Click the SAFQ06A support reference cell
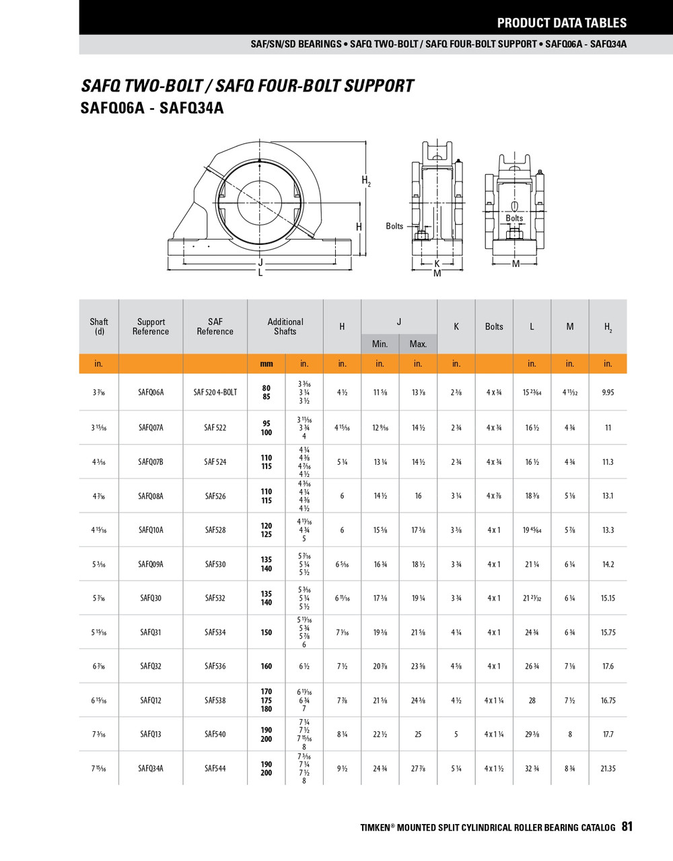pyautogui.click(x=151, y=392)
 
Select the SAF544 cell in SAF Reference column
pyautogui.click(x=215, y=768)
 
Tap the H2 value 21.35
pyautogui.click(x=608, y=768)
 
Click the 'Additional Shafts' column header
pyautogui.click(x=285, y=326)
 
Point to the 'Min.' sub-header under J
pyautogui.click(x=380, y=344)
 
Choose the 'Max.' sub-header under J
pyautogui.click(x=418, y=344)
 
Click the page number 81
pyautogui.click(x=627, y=827)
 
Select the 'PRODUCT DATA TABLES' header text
pyautogui.click(x=561, y=23)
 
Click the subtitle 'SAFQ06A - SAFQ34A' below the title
pyautogui.click(x=151, y=108)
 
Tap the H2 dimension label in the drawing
pyautogui.click(x=366, y=180)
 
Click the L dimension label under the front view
pyautogui.click(x=260, y=272)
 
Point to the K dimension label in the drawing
pyautogui.click(x=437, y=264)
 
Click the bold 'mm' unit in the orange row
pyautogui.click(x=267, y=364)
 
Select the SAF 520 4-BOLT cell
pyautogui.click(x=215, y=392)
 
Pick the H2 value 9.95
pyautogui.click(x=608, y=392)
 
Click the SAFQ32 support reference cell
pyautogui.click(x=151, y=666)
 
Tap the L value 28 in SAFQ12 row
pyautogui.click(x=532, y=700)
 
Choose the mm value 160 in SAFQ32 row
pyautogui.click(x=267, y=666)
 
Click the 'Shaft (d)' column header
pyautogui.click(x=99, y=326)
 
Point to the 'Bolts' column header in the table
pyautogui.click(x=494, y=326)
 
